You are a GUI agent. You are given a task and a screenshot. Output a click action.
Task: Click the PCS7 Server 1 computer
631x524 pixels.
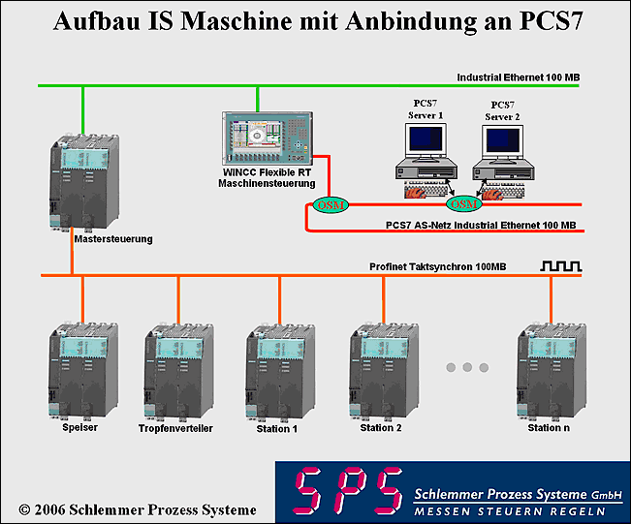(x=424, y=154)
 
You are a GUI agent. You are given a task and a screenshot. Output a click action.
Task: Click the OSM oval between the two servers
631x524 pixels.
(x=462, y=204)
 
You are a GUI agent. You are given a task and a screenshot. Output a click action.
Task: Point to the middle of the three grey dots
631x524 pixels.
(x=466, y=367)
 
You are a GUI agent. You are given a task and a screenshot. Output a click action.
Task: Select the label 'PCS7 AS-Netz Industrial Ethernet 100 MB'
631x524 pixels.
(x=480, y=225)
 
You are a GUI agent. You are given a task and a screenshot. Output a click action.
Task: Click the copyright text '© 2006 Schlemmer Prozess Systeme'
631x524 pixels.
(x=138, y=509)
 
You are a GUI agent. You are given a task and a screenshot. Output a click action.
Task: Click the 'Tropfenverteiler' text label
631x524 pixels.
(x=175, y=428)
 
